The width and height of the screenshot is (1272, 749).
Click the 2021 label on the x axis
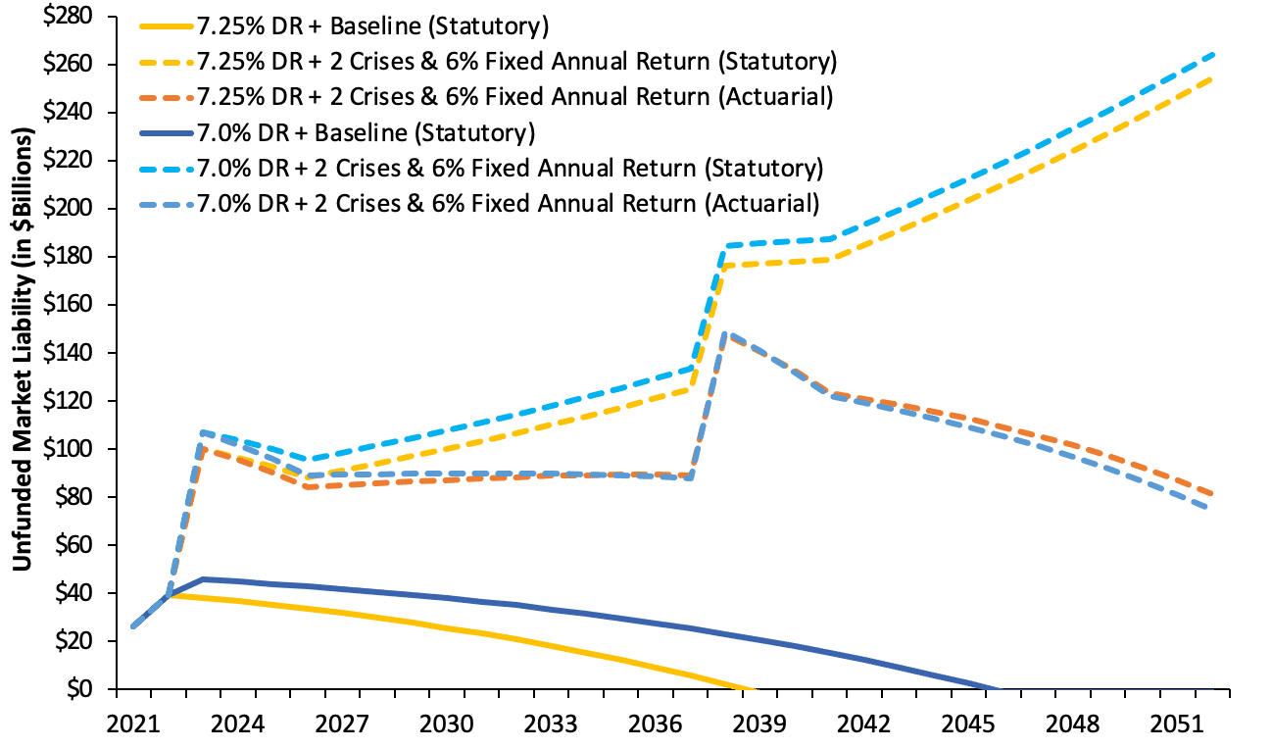[132, 724]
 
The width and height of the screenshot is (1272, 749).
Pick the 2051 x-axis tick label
[1177, 724]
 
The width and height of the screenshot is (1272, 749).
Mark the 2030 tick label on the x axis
[446, 724]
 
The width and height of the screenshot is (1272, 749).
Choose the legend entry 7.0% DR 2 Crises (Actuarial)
[508, 204]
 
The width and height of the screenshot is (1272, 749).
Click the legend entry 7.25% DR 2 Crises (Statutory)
[516, 61]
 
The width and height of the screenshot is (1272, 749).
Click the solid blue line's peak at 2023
[202, 578]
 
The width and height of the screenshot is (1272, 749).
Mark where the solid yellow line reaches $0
[753, 688]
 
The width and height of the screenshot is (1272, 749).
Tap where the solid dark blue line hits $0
[996, 688]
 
